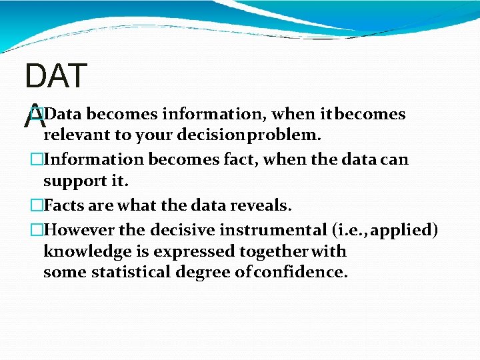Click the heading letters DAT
pyautogui.click(x=55, y=77)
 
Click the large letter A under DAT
pyautogui.click(x=34, y=120)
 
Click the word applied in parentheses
pyautogui.click(x=405, y=230)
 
